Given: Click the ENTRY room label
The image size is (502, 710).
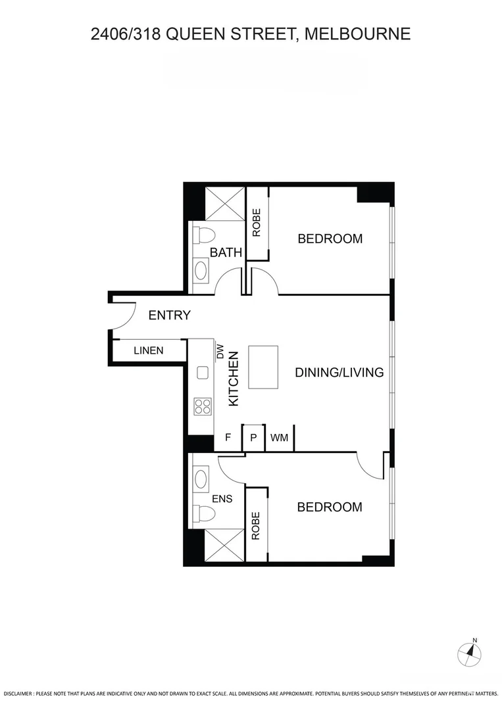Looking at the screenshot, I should click(x=169, y=316).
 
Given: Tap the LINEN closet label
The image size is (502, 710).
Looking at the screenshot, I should click(x=149, y=350).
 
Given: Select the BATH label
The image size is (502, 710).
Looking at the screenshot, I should click(x=226, y=252).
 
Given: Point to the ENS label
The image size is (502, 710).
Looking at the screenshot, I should click(x=222, y=499).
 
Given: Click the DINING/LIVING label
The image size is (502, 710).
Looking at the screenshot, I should click(x=339, y=373).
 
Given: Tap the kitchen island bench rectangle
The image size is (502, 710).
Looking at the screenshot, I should click(x=263, y=369).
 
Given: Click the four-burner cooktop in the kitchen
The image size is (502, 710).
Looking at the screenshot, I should click(x=202, y=406).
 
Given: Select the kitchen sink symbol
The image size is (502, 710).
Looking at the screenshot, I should click(x=203, y=373).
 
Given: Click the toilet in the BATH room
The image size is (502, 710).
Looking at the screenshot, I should click(x=204, y=235).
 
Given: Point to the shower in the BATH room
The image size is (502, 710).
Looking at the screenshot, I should click(x=224, y=203).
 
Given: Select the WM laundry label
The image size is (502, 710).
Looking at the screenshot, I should click(x=279, y=438).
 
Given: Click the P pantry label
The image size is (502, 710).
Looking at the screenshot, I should click(x=253, y=438).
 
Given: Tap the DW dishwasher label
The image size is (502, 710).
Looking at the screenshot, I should click(x=220, y=352).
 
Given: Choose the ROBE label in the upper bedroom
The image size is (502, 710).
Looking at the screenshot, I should click(x=257, y=223).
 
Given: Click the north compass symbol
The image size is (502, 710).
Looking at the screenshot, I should click(x=469, y=652).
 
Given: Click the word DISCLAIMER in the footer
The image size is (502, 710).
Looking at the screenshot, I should click(x=16, y=694).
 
